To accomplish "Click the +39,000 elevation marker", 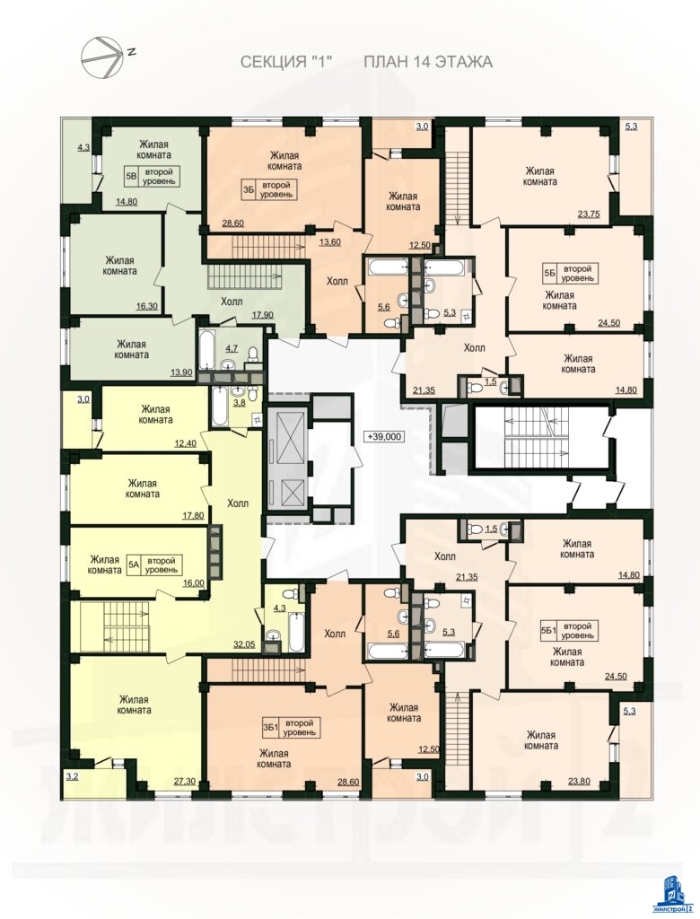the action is [x=385, y=436].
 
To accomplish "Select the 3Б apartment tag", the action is [x=249, y=188].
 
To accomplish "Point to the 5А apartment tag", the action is [x=133, y=565].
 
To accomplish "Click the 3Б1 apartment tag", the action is [x=270, y=728].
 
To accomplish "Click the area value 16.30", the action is [x=146, y=305].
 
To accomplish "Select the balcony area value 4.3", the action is [x=83, y=149].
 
